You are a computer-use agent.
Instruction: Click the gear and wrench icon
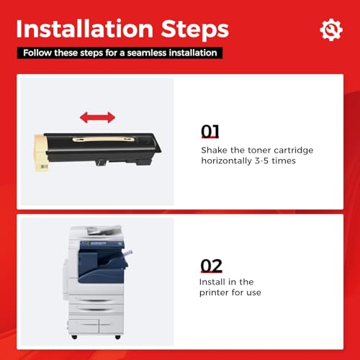tap(331, 30)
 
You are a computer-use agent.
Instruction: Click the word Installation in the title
tap(85, 29)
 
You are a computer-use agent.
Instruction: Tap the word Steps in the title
tap(195, 30)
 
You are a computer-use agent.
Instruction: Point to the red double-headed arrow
tap(97, 117)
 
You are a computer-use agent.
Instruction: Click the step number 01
tap(210, 131)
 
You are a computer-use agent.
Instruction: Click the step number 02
tap(211, 266)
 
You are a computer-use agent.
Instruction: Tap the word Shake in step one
tap(214, 150)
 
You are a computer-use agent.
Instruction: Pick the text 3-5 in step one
tap(261, 161)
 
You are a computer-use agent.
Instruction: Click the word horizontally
tap(226, 161)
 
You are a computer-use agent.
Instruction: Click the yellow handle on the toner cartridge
tap(103, 139)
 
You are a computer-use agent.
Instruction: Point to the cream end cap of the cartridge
tap(40, 153)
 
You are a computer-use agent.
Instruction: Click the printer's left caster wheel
tap(74, 337)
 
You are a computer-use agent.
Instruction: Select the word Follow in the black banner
tap(37, 53)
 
